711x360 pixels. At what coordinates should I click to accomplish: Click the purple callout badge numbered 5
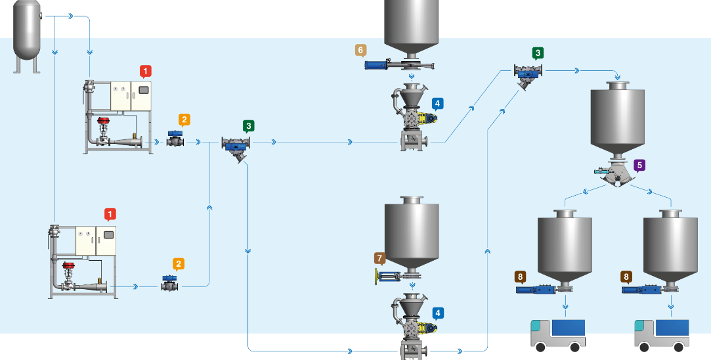point(640,166)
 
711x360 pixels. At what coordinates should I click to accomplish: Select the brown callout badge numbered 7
point(380,258)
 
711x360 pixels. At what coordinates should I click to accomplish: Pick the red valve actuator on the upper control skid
point(104,121)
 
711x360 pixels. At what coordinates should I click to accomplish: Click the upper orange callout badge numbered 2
point(185,120)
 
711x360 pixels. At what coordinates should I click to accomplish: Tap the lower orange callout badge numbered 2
point(179,264)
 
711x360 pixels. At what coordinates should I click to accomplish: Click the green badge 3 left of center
point(248,125)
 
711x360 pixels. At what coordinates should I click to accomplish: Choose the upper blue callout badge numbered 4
point(438,103)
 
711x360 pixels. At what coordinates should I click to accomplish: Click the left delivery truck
point(557,333)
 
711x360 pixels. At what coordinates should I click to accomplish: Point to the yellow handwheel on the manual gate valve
point(376,277)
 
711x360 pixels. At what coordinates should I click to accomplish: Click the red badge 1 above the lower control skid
point(110,214)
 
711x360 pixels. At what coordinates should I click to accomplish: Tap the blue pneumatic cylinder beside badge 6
point(381,64)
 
